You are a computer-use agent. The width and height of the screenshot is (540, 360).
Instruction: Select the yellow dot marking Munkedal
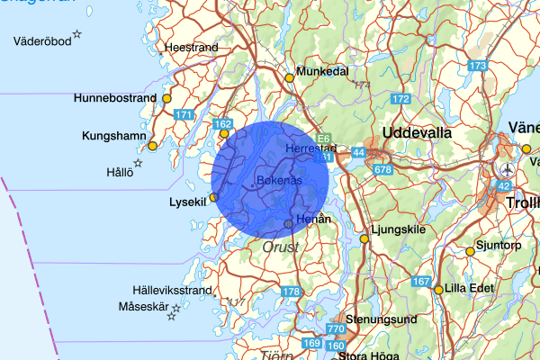[x=290, y=77]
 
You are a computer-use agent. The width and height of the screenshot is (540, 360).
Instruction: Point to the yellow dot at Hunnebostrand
[x=166, y=98]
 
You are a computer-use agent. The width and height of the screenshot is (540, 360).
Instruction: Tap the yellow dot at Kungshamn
[x=153, y=146]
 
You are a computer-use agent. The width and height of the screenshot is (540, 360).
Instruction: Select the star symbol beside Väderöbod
[x=77, y=35]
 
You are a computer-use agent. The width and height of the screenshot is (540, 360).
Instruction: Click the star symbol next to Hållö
[x=139, y=163]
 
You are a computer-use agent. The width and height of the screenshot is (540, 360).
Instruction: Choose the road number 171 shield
[x=184, y=114]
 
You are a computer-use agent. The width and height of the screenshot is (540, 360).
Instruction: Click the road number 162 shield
[x=223, y=124]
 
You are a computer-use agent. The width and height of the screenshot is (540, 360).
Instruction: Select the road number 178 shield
[x=291, y=292]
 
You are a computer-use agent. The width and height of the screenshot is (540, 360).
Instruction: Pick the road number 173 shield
[x=478, y=66]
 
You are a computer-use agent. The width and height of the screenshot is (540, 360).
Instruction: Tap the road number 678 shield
[x=383, y=169]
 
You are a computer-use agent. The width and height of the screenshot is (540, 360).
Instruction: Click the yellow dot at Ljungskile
[x=364, y=239]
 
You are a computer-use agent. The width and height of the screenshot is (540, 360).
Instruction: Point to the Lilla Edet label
[x=470, y=289]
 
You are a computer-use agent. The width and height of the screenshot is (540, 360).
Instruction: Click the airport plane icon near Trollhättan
[x=508, y=169]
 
